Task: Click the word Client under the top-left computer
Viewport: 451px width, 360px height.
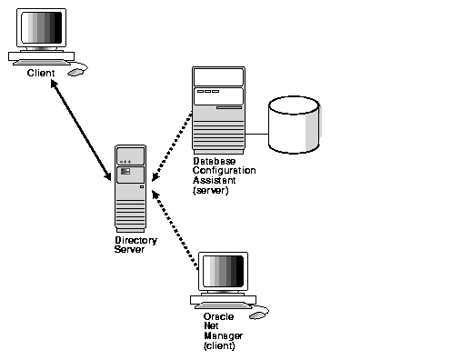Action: pyautogui.click(x=41, y=72)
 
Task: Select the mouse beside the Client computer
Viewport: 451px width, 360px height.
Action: pyautogui.click(x=80, y=66)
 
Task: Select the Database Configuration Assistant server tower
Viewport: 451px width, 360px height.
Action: pyautogui.click(x=218, y=109)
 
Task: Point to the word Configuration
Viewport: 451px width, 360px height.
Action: pyautogui.click(x=224, y=171)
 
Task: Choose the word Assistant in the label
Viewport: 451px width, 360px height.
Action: pyautogui.click(x=215, y=180)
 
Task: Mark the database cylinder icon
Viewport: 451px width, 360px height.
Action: pyautogui.click(x=293, y=125)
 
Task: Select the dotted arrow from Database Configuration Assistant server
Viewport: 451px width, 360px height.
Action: pyautogui.click(x=171, y=145)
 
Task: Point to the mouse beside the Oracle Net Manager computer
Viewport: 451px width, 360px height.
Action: pyautogui.click(x=259, y=314)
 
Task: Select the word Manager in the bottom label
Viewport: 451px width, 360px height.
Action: pyautogui.click(x=219, y=336)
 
